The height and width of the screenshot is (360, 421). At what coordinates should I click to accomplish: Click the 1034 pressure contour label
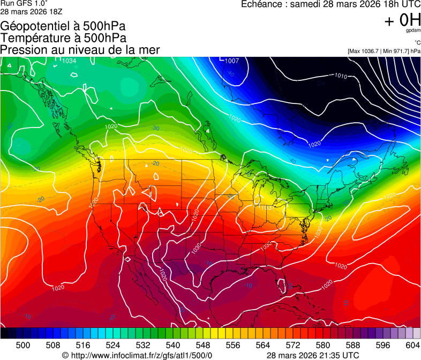[69, 61]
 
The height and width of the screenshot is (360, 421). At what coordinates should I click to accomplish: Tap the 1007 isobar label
[232, 61]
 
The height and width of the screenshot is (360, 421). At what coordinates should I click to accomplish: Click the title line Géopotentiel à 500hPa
[63, 26]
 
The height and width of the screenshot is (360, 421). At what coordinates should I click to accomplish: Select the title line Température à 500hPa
[63, 38]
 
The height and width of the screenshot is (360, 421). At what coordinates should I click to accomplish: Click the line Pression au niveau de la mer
[80, 50]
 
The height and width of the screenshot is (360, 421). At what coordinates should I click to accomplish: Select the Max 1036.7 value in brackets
[366, 51]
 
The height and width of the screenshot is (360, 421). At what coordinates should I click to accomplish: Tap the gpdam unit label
[413, 31]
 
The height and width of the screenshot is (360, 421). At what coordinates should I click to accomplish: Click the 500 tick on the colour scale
[23, 346]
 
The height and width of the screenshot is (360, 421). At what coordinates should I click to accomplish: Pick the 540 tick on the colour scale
[173, 346]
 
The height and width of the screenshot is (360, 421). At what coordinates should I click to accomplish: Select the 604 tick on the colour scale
[412, 346]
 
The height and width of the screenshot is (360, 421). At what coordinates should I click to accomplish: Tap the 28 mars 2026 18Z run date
[28, 11]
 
